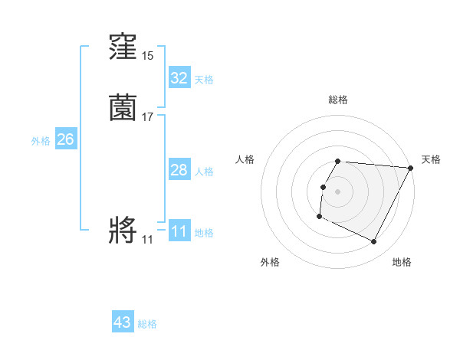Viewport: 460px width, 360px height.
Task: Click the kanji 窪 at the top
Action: (x=123, y=48)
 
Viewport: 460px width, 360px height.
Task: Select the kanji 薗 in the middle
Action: (x=123, y=109)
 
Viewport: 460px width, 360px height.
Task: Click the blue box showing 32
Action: (x=179, y=77)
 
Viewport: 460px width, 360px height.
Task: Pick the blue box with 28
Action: (x=179, y=170)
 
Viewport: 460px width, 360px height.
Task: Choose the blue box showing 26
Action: (x=65, y=139)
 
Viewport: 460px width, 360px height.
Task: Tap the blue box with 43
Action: (x=123, y=322)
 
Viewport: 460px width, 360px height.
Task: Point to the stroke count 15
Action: (x=147, y=56)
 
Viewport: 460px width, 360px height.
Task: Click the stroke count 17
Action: (x=147, y=117)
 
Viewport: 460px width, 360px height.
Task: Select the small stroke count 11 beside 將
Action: (x=147, y=240)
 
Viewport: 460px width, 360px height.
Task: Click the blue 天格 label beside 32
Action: (x=204, y=79)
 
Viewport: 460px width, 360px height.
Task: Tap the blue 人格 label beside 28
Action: (x=204, y=172)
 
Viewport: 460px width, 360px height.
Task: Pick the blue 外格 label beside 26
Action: (x=41, y=141)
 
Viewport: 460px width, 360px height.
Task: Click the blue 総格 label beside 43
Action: (x=147, y=324)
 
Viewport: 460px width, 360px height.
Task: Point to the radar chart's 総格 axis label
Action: (x=338, y=100)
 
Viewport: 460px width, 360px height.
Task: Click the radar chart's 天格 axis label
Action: (x=431, y=159)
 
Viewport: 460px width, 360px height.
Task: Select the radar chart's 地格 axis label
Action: (x=402, y=262)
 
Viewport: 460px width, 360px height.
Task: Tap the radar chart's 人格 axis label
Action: (x=245, y=159)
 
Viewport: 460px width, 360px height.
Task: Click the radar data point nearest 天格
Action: (x=410, y=168)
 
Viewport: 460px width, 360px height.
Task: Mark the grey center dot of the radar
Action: (x=338, y=191)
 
